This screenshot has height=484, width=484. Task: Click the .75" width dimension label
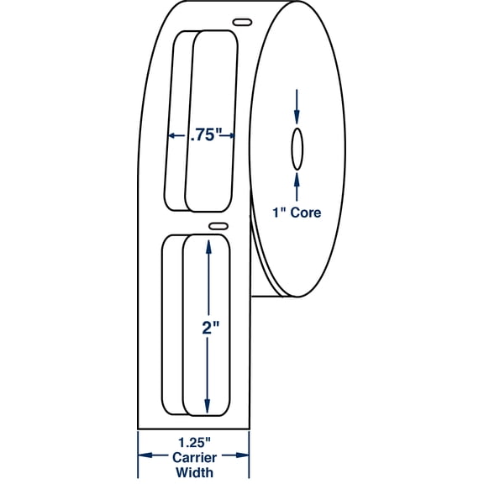coord(206,135)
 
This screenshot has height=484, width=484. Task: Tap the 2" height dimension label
coord(211,328)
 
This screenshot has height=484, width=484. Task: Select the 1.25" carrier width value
coord(194,443)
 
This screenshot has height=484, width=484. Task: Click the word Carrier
coord(194,457)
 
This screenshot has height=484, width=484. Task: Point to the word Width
coord(194,472)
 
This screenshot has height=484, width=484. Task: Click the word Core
coord(306,213)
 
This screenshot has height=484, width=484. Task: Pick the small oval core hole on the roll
coord(297,149)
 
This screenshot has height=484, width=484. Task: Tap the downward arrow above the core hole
coord(297,107)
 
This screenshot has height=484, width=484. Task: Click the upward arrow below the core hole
coord(297,187)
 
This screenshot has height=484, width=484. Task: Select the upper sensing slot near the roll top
coord(242,22)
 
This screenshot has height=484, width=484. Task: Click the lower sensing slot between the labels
coord(218,226)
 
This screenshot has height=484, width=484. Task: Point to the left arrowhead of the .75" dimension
coord(172,135)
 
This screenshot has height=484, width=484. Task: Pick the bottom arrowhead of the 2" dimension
coord(208,407)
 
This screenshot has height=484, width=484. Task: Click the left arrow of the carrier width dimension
coord(154,455)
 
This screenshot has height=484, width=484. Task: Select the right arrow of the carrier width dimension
coord(235,455)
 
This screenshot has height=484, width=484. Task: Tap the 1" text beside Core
coord(278,213)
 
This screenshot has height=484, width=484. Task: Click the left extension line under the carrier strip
coord(138,454)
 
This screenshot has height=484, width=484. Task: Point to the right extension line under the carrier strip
coord(249,454)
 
